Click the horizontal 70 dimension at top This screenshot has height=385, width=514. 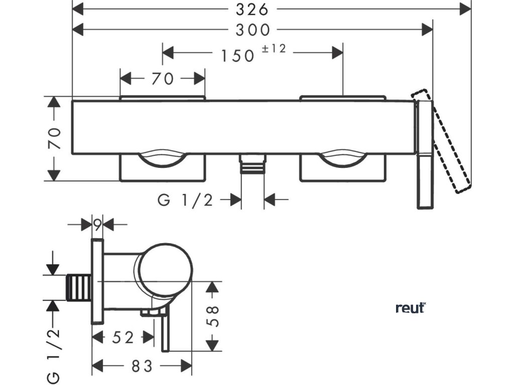[162, 79]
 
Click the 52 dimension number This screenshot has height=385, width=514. [122, 337]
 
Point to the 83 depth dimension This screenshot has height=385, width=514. [142, 366]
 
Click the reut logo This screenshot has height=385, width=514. [410, 308]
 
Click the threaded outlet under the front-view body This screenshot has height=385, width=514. [252, 164]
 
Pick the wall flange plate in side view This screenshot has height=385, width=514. [97, 281]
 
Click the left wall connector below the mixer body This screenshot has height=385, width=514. [162, 168]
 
